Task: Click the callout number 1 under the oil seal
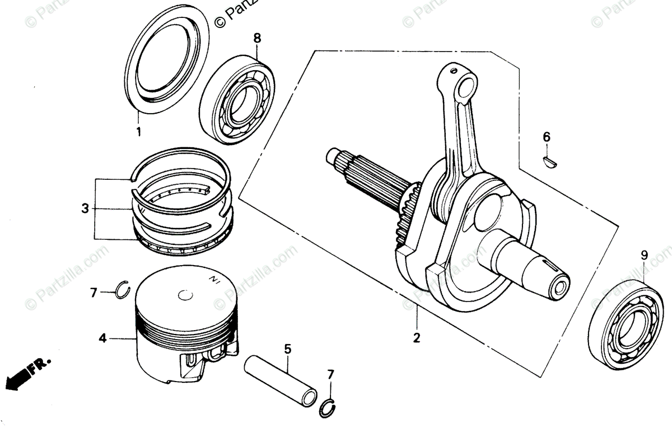[x=138, y=133]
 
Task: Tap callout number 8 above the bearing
[x=257, y=38]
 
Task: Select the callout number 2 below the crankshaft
[x=417, y=338]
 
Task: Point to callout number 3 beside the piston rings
[x=85, y=208]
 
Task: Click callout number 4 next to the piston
[x=102, y=338]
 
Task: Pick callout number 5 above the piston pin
[x=287, y=349]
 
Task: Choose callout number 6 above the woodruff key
[x=547, y=137]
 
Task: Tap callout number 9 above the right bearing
[x=644, y=255]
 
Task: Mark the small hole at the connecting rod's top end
[x=464, y=85]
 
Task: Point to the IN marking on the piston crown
[x=213, y=278]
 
